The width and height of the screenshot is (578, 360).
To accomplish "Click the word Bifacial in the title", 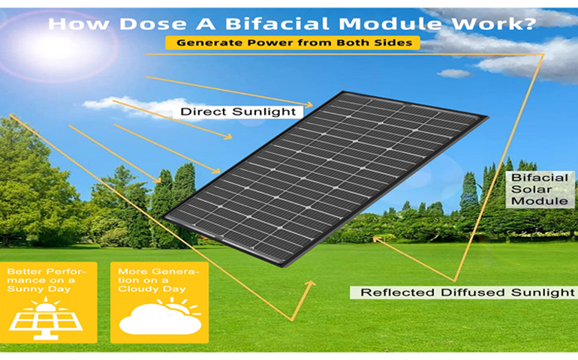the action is (x=276, y=24).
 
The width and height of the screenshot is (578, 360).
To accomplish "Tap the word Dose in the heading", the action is (x=152, y=24).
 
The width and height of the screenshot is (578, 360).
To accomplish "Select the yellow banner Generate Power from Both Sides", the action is (x=293, y=43).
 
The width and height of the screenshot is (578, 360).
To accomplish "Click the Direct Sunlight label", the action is (x=238, y=112).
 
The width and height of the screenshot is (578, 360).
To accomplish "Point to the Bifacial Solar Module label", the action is (x=540, y=190).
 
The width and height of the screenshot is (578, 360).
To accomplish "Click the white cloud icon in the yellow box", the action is (x=161, y=319).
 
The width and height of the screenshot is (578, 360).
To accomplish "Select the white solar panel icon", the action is (x=46, y=319).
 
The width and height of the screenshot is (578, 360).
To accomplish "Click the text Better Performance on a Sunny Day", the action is (x=46, y=280).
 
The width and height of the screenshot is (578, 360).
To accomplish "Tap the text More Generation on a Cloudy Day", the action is (x=158, y=280).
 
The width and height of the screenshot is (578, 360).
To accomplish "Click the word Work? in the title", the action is (x=493, y=24).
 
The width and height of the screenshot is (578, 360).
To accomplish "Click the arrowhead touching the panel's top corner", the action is (x=309, y=105).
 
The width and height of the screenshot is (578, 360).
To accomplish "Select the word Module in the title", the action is (x=390, y=24).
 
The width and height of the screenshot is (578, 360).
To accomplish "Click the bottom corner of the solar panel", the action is (x=284, y=266).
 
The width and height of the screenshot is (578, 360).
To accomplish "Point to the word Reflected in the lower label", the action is (x=398, y=292).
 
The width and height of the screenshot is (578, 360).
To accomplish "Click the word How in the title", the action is (x=79, y=24).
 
